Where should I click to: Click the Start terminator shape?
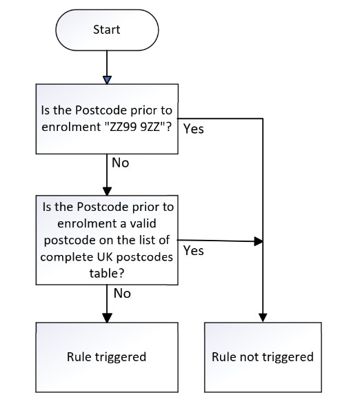107,30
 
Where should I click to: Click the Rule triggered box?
107,357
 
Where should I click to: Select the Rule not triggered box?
263,357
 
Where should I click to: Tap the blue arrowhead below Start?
107,80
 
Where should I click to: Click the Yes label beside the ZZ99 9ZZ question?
194,129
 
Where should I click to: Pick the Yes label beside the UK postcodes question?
194,250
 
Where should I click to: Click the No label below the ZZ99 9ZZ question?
121,163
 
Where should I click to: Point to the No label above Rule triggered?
122,294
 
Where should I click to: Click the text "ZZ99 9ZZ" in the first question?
135,127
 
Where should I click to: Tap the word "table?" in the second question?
107,273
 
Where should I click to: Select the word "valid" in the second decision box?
143,223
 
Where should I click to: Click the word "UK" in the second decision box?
105,257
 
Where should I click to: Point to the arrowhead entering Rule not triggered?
263,318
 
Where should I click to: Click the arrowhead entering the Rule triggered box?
107,318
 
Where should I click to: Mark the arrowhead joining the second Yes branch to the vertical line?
259,241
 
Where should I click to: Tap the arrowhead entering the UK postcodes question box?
107,191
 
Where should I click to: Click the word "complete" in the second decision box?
68,257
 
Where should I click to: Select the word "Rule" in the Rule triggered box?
79,357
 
